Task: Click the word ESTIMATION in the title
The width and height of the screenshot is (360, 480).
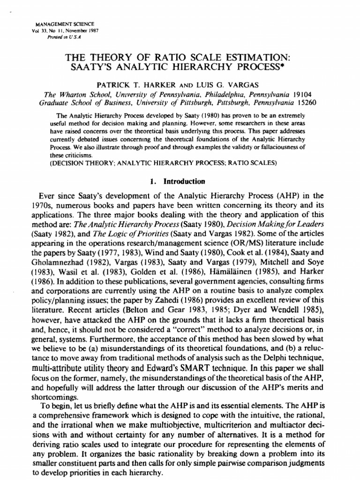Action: (x=253, y=57)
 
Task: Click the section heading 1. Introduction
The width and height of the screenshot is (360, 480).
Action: (x=180, y=181)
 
